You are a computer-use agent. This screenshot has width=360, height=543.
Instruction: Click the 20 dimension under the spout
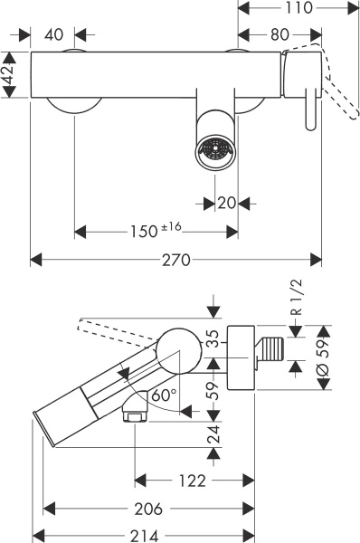225,203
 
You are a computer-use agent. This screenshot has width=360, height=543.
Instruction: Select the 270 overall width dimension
176,260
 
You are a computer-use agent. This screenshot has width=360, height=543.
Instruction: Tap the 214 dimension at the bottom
143,534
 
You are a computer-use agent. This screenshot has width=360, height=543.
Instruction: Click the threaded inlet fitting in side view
271,347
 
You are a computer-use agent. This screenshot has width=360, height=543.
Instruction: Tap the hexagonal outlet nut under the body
134,417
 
